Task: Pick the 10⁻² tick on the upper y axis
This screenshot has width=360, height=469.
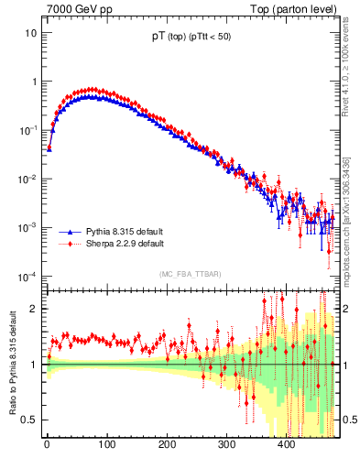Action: (x=27, y=179)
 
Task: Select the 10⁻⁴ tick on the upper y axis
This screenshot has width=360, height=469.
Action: (x=27, y=276)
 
